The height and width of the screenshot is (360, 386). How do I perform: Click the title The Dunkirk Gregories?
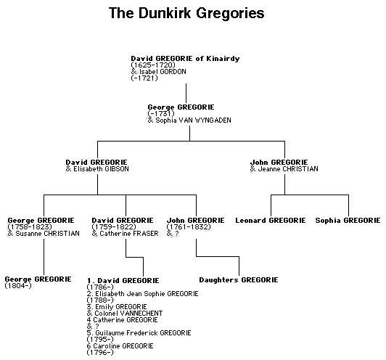coord(186,13)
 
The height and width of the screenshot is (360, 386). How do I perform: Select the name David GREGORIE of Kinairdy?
coord(185,59)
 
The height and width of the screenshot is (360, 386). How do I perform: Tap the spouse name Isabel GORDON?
coord(163,72)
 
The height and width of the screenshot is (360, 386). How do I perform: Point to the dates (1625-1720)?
coord(153,65)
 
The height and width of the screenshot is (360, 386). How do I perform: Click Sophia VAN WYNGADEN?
coord(193,120)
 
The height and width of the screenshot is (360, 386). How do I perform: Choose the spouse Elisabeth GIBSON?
coord(101,169)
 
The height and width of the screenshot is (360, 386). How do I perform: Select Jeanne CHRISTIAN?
coord(288,169)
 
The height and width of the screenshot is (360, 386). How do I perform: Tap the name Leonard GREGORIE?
coord(271,221)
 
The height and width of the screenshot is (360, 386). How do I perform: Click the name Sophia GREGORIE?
coord(348,221)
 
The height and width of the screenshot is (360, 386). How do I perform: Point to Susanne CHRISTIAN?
coord(47,234)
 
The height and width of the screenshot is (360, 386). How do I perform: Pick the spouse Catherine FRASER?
coord(129,234)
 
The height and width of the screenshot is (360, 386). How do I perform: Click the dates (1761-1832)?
coord(189,226)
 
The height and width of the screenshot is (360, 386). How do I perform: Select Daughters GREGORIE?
coord(239,280)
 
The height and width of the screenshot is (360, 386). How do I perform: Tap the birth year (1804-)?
coord(18,286)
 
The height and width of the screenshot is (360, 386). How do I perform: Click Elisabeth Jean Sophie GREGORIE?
coord(147,294)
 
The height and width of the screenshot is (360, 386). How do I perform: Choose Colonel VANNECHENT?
coord(128,314)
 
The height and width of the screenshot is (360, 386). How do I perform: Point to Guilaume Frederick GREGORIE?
coord(143,333)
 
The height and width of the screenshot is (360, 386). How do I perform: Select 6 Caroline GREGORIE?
coord(120,346)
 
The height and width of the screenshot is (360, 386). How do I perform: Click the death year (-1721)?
coord(144,78)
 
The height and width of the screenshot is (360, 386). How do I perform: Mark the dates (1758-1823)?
coord(30,226)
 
